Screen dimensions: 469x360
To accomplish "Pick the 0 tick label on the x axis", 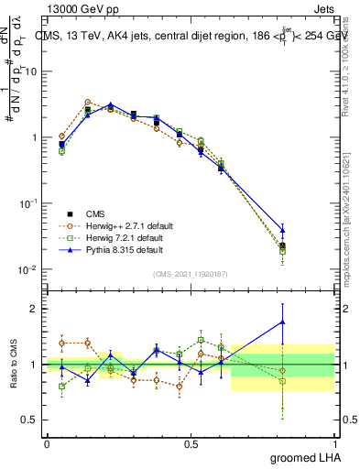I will (47, 442).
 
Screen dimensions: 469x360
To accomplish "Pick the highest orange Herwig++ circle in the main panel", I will (87, 103).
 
